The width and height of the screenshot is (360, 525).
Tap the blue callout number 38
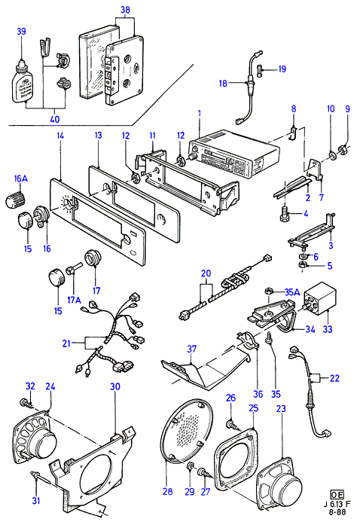click(x=125, y=10)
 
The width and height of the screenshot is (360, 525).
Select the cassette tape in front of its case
click(x=124, y=69)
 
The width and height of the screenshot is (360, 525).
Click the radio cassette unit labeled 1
click(x=233, y=154)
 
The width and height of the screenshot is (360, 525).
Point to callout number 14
click(x=60, y=136)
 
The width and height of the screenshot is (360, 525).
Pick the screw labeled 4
click(x=285, y=213)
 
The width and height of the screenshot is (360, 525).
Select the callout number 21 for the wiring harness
click(x=66, y=343)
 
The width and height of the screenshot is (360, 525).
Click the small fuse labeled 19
click(x=261, y=71)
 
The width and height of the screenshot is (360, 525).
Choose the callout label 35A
click(x=292, y=292)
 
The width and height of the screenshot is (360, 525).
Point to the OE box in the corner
click(x=337, y=494)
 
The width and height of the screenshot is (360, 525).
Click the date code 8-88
click(x=337, y=512)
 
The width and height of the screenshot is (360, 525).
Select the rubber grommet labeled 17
click(x=93, y=258)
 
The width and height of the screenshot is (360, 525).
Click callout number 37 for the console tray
click(x=191, y=349)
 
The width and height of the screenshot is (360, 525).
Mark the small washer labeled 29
click(x=190, y=465)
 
